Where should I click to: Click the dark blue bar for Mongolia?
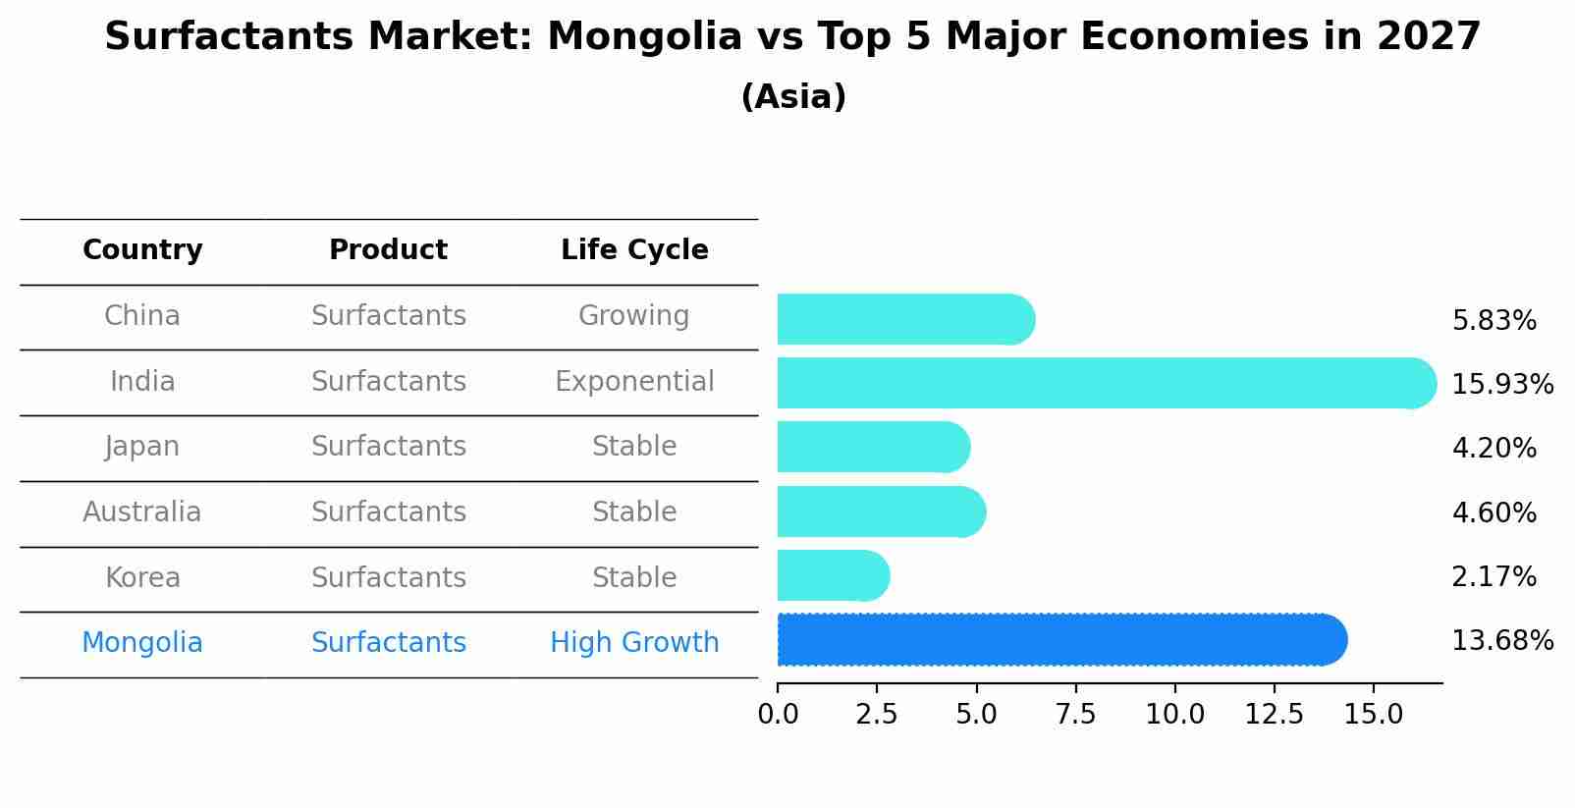pyautogui.click(x=1060, y=640)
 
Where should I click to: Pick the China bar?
pyautogui.click(x=904, y=319)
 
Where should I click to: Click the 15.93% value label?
pyautogui.click(x=1501, y=384)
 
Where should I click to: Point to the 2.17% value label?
pyautogui.click(x=1494, y=576)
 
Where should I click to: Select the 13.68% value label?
pyautogui.click(x=1501, y=641)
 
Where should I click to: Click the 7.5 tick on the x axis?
pyautogui.click(x=1075, y=715)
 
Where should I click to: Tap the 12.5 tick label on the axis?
pyautogui.click(x=1274, y=715)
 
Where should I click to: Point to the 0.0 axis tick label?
pyautogui.click(x=778, y=715)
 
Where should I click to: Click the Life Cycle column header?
pyautogui.click(x=634, y=250)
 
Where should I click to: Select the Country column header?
pyautogui.click(x=142, y=250)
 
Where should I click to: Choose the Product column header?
pyautogui.click(x=388, y=250)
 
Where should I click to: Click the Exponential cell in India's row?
pyautogui.click(x=634, y=382)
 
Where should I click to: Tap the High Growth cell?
pyautogui.click(x=634, y=643)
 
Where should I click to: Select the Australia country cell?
pyautogui.click(x=142, y=512)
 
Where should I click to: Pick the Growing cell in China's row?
pyautogui.click(x=634, y=316)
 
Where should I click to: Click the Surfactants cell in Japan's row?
pyautogui.click(x=388, y=447)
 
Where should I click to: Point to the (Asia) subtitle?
pyautogui.click(x=793, y=97)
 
